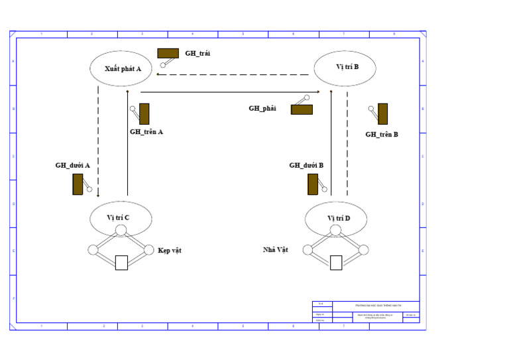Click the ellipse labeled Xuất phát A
coord(121,68)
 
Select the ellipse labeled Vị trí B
coord(346,67)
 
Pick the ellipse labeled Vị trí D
coord(337,217)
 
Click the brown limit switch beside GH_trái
coord(168,53)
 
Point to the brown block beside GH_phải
coord(302,109)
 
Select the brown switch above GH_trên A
coord(144,113)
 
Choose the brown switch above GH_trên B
coord(382,113)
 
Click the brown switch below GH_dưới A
coord(78,184)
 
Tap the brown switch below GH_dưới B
coord(312,184)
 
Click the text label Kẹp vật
coord(170,251)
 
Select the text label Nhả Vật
coord(276,250)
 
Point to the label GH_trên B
coord(382,134)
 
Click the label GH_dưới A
coord(73,165)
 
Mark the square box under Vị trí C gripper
coord(121,263)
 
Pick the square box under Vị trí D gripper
coord(336,263)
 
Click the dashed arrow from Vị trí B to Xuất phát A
coord(229,75)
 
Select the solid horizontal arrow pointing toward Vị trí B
coord(229,91)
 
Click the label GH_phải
coord(262,108)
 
